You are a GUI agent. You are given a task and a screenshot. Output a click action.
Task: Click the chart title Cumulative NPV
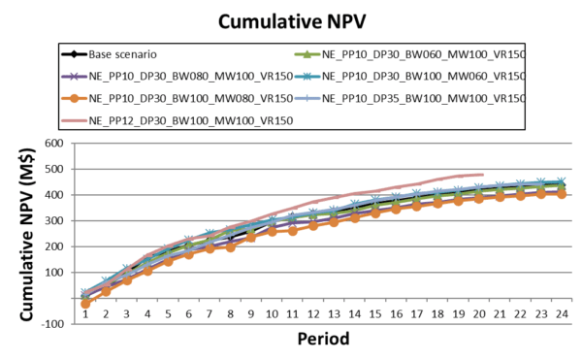(291, 19)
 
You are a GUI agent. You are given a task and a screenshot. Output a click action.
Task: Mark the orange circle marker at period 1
(85, 304)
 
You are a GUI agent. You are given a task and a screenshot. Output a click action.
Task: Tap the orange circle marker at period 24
(561, 194)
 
